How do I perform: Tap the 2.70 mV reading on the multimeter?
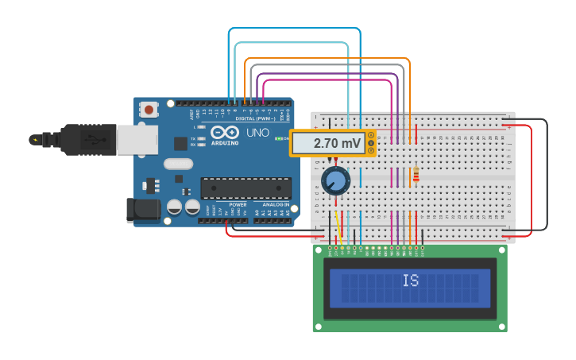(x=337, y=143)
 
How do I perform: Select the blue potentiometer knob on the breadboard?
(x=336, y=181)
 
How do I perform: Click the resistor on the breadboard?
(x=416, y=173)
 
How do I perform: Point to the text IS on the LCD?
(x=410, y=281)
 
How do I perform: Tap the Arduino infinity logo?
(x=226, y=133)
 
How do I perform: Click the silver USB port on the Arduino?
(x=137, y=140)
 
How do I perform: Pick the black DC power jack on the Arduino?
(x=143, y=210)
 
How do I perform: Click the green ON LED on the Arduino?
(x=279, y=138)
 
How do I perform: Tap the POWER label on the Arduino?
(x=238, y=204)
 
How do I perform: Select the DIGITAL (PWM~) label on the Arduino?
(x=255, y=118)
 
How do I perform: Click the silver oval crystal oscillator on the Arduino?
(x=178, y=164)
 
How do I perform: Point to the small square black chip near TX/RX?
(x=180, y=143)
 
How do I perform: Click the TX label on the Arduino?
(x=193, y=137)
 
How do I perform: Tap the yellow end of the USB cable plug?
(x=33, y=140)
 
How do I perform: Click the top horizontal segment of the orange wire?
(x=327, y=59)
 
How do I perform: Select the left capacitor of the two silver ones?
(x=174, y=207)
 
